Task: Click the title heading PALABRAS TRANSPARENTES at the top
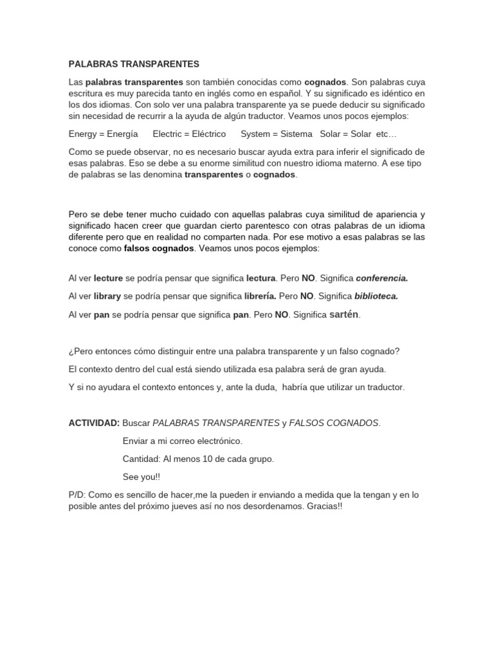(134, 64)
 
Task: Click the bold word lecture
(108, 278)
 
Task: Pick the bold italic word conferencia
(382, 278)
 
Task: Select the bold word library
(107, 297)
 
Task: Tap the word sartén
(345, 315)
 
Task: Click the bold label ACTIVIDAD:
(94, 423)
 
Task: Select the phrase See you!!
(140, 477)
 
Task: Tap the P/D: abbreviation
(77, 494)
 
